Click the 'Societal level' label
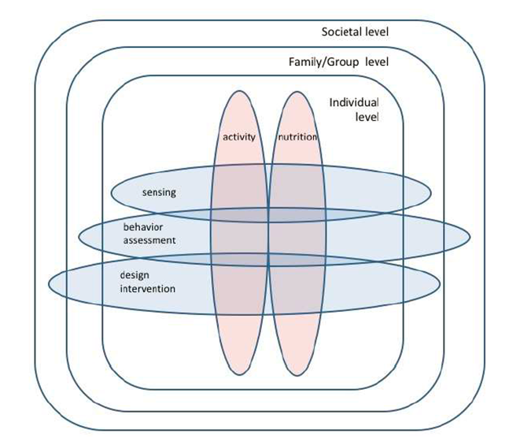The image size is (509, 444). click(x=355, y=32)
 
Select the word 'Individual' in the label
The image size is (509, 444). click(x=354, y=103)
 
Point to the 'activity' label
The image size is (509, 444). click(x=239, y=137)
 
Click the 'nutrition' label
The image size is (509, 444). click(x=297, y=137)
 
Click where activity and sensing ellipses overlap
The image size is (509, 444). click(x=240, y=192)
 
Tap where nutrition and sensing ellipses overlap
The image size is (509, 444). click(x=296, y=192)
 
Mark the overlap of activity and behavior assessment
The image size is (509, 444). click(x=240, y=234)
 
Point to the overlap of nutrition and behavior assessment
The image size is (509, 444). click(x=296, y=234)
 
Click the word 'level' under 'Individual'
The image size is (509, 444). click(x=367, y=118)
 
